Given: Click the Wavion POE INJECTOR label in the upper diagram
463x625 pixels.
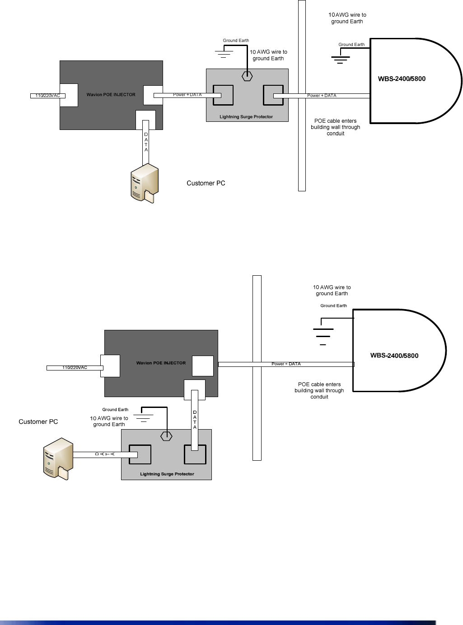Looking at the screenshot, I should tap(111, 95).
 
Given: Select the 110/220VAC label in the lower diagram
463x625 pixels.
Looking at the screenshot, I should tap(75, 368).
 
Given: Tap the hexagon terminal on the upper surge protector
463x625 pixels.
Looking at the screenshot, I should tap(247, 76).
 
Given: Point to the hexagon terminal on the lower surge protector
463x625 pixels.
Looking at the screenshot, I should tap(167, 436).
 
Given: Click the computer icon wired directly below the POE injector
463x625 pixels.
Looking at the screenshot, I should tap(145, 183).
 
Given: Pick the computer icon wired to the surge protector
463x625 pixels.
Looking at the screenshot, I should tap(58, 458).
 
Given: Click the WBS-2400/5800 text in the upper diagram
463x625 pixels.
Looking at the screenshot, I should tap(402, 79).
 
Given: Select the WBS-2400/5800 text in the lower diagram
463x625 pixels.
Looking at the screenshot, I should tap(394, 356).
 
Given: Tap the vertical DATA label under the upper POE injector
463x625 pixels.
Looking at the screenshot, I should tap(146, 142).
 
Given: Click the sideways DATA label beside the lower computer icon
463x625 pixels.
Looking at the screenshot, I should tap(105, 454).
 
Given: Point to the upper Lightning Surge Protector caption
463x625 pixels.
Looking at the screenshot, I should tap(246, 117).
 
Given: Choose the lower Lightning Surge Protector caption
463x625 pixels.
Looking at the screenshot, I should tap(167, 474).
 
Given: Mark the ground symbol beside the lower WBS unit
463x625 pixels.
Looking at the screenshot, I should tap(323, 334).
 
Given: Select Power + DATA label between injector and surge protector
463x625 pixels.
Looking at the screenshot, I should tap(187, 95).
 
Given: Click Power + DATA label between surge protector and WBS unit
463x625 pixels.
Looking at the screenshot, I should tap(322, 96).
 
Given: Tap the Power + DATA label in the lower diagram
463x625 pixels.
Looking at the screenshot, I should tap(286, 364).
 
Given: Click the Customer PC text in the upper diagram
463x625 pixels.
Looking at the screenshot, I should tap(206, 183).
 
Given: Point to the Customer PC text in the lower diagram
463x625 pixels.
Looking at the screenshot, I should tap(38, 422).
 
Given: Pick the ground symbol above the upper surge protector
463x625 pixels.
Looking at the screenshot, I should tap(224, 54).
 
